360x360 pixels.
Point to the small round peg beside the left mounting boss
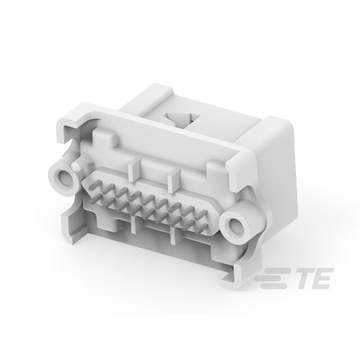tap(76, 166)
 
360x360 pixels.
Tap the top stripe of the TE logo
tap(277, 270)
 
